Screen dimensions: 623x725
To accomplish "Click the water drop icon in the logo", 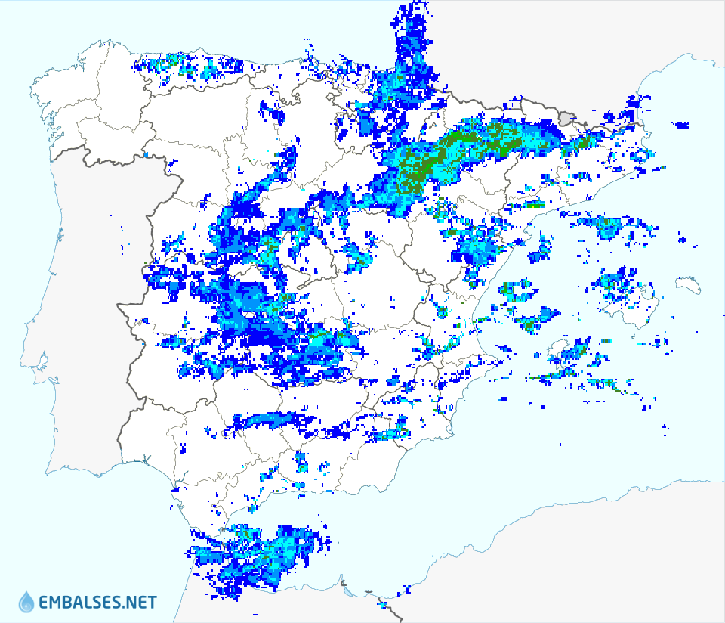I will (26, 601).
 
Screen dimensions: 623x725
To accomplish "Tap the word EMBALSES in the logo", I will (82, 603).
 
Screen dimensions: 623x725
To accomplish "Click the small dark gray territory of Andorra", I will (567, 116).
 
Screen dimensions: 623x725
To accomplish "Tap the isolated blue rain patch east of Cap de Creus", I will (681, 125).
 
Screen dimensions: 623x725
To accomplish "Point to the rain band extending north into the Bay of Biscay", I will (412, 38).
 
